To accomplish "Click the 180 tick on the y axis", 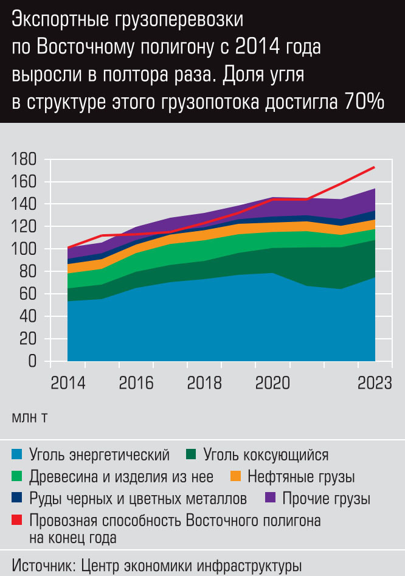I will pos(24,160).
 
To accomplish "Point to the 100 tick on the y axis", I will pos(24,249).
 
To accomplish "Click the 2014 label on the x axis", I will pos(68,384).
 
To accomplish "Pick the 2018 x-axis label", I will pos(204,384).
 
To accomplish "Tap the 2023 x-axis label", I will pos(373,384).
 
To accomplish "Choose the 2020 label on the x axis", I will pos(272,384).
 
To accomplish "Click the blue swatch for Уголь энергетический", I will pos(17,454).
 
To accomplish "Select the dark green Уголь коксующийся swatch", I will pos(191,454).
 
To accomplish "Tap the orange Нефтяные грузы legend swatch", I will pos(236,476).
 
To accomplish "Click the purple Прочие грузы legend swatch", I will pos(272,499).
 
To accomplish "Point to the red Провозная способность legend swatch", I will pos(17,521).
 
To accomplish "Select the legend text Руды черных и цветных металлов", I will pos(138,499).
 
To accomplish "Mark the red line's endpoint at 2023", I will pos(374,167).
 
